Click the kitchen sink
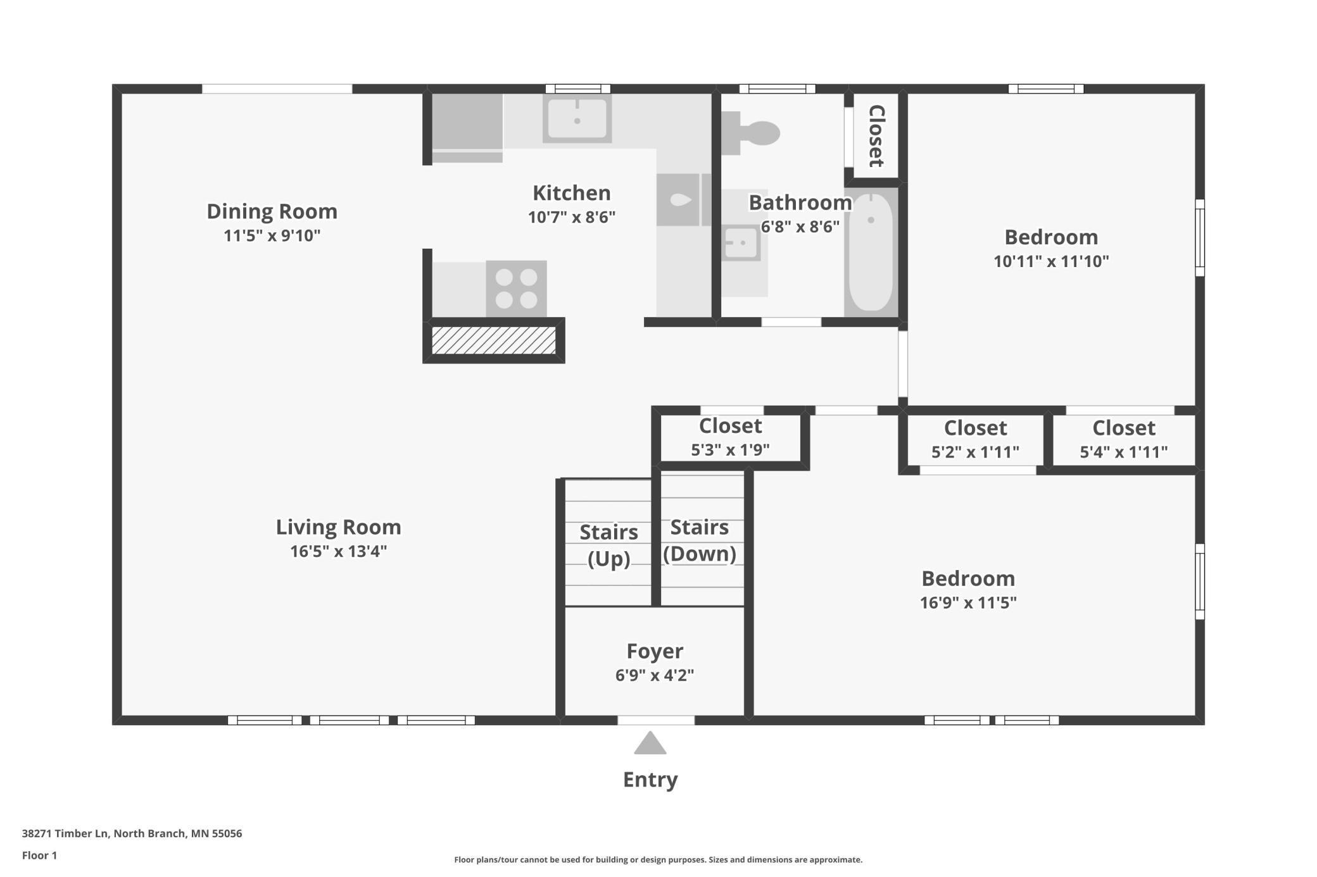577,118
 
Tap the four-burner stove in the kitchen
516,288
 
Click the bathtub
871,252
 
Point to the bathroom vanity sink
741,242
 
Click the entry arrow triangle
650,744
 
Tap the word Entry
650,779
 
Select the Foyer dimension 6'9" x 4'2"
655,675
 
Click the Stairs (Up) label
608,545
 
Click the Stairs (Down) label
700,540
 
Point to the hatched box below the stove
493,340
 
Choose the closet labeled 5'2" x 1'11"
975,440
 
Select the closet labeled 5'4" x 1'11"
1123,440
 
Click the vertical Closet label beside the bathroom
876,136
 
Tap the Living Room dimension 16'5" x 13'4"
338,551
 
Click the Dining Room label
272,211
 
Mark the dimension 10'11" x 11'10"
1051,261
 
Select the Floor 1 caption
39,855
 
